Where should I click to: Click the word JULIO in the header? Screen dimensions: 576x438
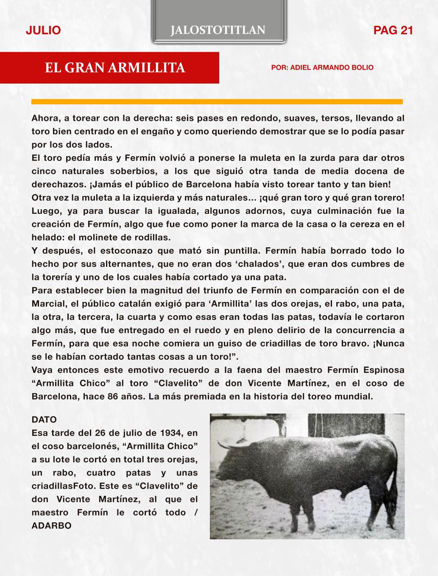click(43, 30)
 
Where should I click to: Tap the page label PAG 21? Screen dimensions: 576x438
click(393, 30)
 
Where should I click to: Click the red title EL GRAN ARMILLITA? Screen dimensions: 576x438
click(115, 68)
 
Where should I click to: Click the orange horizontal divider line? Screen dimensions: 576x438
click(217, 102)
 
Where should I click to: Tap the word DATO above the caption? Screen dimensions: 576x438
click(44, 420)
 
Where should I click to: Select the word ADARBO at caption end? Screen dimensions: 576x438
click(51, 526)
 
